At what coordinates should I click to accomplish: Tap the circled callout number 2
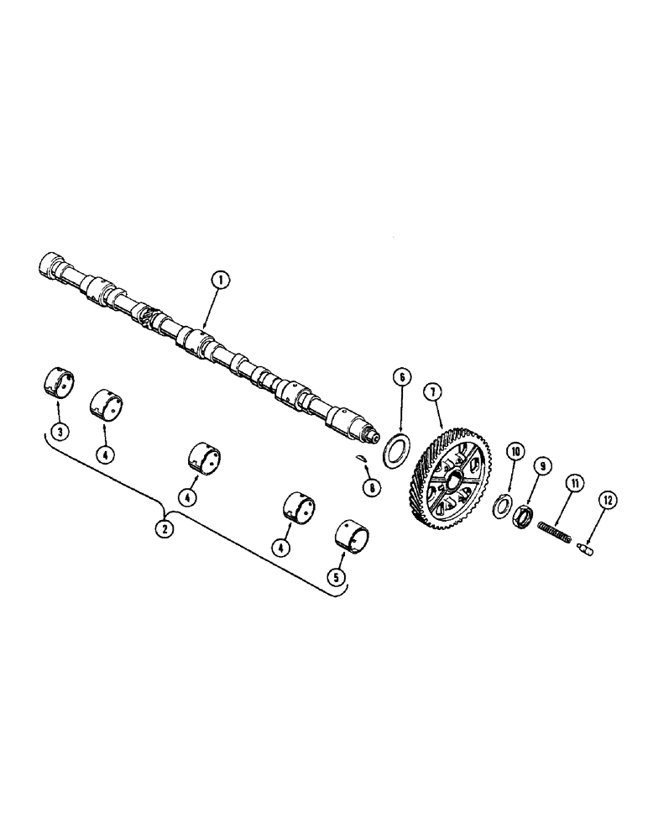165,530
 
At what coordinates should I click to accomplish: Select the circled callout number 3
58,433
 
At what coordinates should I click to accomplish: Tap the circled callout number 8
369,486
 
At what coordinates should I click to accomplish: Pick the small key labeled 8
359,458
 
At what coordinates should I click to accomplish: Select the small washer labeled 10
503,505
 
